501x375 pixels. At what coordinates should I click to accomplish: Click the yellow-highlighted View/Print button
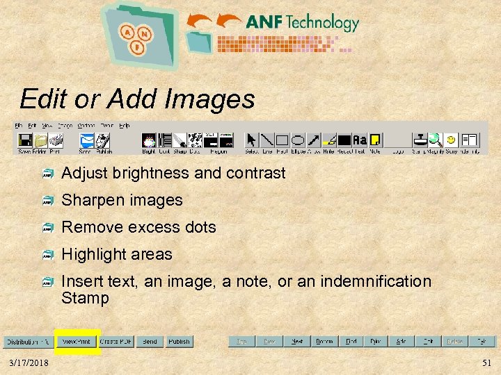77,342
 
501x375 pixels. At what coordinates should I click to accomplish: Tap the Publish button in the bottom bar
179,342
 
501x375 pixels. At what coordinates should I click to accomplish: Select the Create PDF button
115,342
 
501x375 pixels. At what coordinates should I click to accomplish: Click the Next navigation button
296,342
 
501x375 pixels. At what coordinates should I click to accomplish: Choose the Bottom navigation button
324,342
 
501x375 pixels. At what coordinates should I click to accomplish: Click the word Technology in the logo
321,23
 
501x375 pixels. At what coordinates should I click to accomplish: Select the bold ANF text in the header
264,23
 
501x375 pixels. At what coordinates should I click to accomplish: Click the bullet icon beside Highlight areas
48,255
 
